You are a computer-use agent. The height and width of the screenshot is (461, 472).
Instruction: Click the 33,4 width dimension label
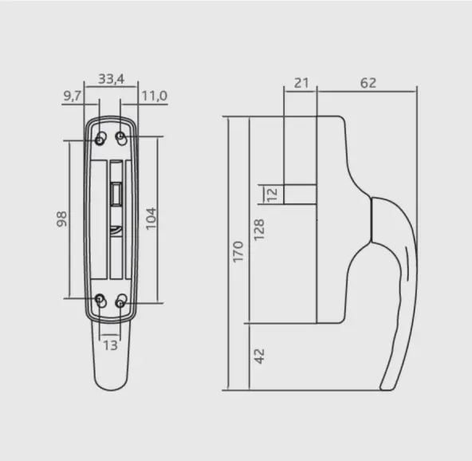click(112, 79)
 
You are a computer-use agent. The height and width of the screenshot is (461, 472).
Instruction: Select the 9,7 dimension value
click(73, 96)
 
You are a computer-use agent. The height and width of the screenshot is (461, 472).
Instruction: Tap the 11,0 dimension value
click(155, 96)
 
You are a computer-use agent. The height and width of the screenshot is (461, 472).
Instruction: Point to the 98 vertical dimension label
click(61, 219)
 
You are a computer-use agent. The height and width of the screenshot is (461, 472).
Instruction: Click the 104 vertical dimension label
click(151, 219)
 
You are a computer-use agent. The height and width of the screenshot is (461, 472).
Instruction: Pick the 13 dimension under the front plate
click(110, 345)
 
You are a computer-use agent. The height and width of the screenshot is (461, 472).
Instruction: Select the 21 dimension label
click(301, 83)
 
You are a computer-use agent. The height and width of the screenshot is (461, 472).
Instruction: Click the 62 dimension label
click(368, 83)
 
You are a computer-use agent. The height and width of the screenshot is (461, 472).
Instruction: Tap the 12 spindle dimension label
click(272, 195)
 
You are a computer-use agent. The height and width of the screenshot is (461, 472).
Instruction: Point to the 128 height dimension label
click(259, 230)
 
